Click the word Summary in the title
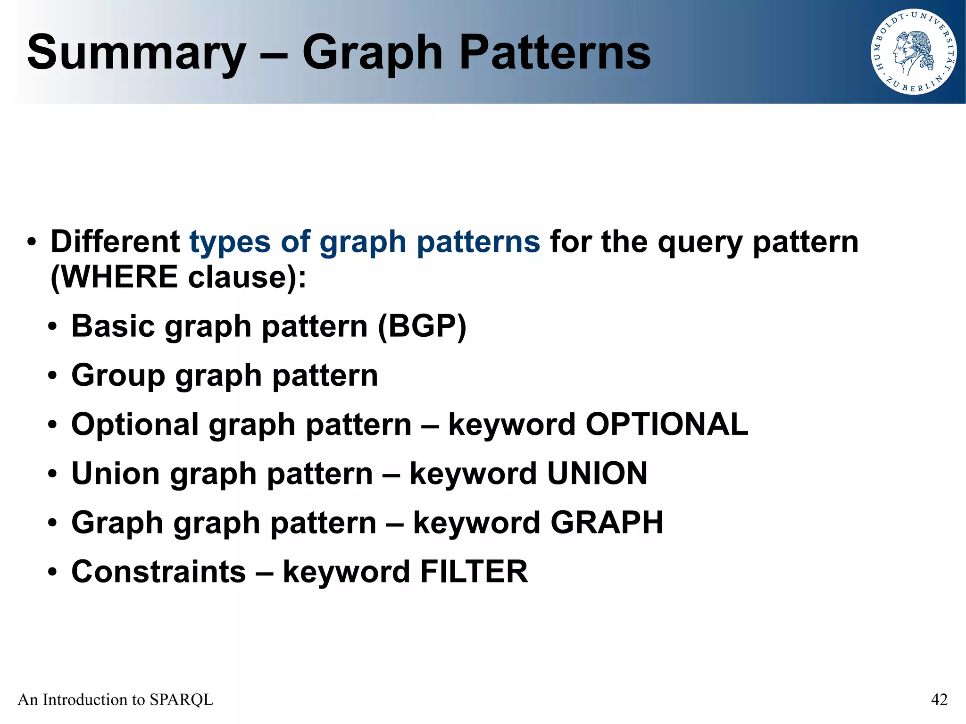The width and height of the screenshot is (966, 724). click(137, 53)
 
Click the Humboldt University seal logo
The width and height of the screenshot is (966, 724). click(913, 52)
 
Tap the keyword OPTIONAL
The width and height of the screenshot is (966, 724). click(666, 424)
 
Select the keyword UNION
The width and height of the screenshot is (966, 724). click(597, 473)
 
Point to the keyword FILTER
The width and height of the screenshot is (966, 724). click(474, 571)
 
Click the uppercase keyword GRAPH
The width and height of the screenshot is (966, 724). click(607, 522)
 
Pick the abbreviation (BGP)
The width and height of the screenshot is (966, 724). click(422, 326)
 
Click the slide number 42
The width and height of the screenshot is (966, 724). click(939, 699)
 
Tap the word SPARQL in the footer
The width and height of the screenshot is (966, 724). click(181, 699)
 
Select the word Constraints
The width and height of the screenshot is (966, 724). click(158, 571)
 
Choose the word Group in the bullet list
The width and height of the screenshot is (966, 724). click(118, 376)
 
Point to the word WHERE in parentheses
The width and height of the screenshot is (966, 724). click(119, 276)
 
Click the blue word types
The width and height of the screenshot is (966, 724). click(230, 242)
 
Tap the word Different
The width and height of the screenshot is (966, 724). click(115, 241)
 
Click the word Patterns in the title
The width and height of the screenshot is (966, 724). click(555, 53)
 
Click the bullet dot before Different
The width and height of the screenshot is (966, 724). click(32, 242)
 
